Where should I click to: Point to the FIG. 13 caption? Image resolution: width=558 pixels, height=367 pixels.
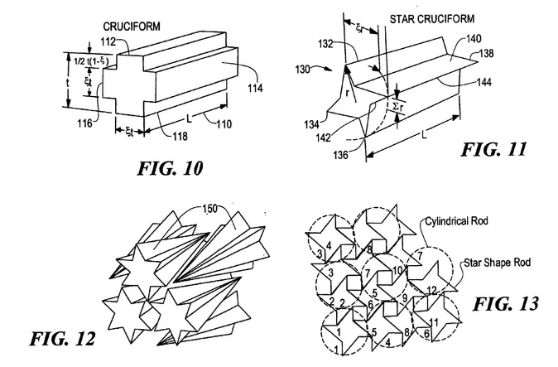(505, 304)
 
